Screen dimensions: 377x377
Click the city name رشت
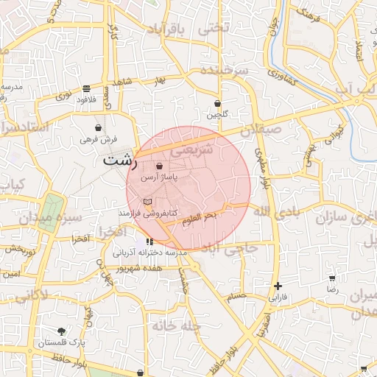[x=120, y=160]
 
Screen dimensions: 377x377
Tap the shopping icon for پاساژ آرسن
[x=159, y=167]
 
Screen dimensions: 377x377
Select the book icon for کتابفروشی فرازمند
[x=147, y=201]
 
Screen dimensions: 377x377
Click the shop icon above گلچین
[x=217, y=104]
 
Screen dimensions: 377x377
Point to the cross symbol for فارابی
[x=277, y=286]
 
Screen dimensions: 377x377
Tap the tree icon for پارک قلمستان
[x=62, y=331]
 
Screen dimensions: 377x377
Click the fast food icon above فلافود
[x=87, y=87]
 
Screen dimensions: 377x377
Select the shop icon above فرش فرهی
[x=99, y=127]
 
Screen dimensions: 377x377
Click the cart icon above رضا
[x=332, y=278]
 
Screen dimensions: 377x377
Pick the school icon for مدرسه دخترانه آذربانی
[x=149, y=241]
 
